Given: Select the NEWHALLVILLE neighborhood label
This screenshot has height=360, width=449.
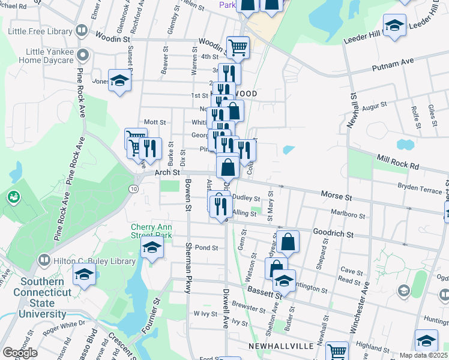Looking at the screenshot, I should point(277,346).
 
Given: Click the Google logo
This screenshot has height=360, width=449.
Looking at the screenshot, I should point(20,353).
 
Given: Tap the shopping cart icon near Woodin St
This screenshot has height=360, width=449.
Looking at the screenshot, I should point(238,47).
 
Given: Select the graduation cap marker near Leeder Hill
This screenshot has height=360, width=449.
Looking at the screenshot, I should point(394,26).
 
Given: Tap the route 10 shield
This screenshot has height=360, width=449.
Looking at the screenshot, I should point(133,189).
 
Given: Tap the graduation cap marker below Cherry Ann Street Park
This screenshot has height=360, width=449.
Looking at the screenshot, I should point(152,248).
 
